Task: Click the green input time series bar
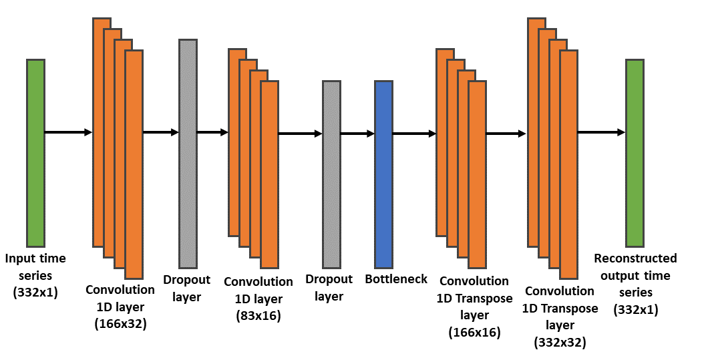[35, 152]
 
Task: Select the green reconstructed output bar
[635, 152]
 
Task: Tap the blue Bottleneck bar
[383, 174]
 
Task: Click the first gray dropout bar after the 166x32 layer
[188, 153]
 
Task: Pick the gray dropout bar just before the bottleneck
[332, 174]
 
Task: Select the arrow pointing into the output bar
[601, 132]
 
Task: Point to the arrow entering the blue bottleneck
[357, 134]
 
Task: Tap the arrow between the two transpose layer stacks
[506, 134]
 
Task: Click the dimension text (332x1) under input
[35, 291]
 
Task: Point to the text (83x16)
[258, 315]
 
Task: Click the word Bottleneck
[396, 279]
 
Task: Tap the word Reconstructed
[635, 258]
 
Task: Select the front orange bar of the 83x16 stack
[270, 174]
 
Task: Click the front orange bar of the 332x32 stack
[568, 164]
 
